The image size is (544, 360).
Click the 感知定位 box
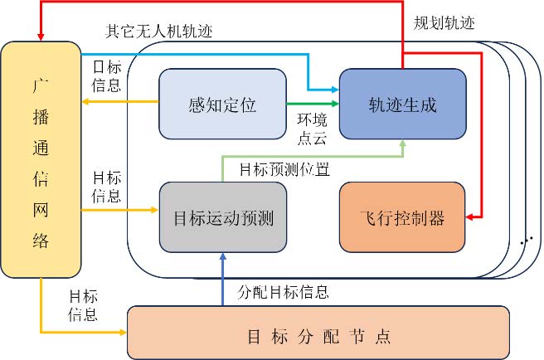tap(222, 105)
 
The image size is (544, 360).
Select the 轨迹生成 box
tap(402, 105)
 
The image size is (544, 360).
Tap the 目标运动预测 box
tap(222, 218)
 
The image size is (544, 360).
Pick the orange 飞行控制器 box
tap(402, 218)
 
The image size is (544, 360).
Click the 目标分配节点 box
tap(318, 337)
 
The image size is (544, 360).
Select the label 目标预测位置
tap(284, 170)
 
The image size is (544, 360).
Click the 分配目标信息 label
tap(283, 292)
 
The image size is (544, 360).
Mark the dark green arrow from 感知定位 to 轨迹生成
tap(311, 105)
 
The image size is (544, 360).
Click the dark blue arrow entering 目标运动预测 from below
tap(222, 278)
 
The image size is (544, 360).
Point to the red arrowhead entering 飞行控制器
tap(470, 218)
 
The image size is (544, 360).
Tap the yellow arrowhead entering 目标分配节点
tap(124, 333)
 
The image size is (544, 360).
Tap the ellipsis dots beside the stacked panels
tap(526, 241)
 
